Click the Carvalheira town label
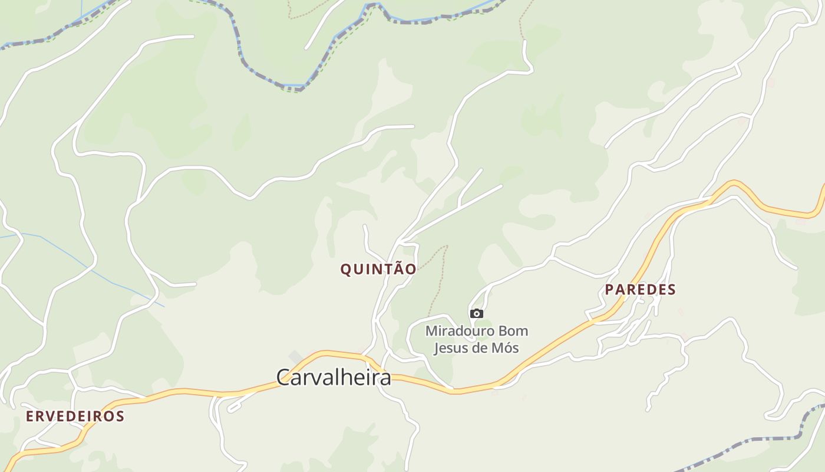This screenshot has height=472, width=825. (x=333, y=378)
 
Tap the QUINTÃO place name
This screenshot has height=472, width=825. (x=378, y=270)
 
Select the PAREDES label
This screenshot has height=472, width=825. (x=640, y=290)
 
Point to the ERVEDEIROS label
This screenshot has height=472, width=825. (x=75, y=417)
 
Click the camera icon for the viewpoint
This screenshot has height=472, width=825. (x=477, y=314)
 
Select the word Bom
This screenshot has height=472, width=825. (x=514, y=331)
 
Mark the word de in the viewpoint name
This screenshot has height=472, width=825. (x=481, y=348)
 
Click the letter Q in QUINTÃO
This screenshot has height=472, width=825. (x=346, y=270)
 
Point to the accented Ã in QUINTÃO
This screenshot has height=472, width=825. (x=396, y=269)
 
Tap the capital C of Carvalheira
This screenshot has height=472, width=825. (x=283, y=378)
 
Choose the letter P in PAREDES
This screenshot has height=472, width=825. (x=610, y=290)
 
